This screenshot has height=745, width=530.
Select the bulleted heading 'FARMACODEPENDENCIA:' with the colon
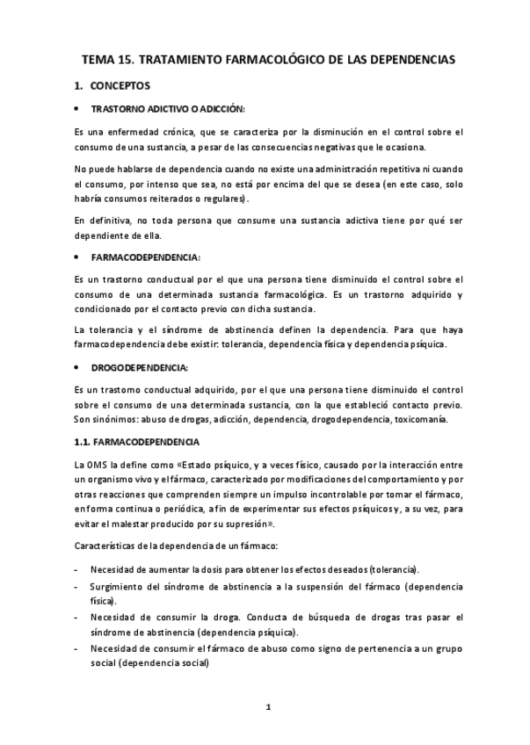145,257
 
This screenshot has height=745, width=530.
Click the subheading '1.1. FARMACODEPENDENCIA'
137,442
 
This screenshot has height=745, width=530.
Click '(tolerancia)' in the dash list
394,569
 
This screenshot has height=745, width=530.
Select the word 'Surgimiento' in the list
120,586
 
